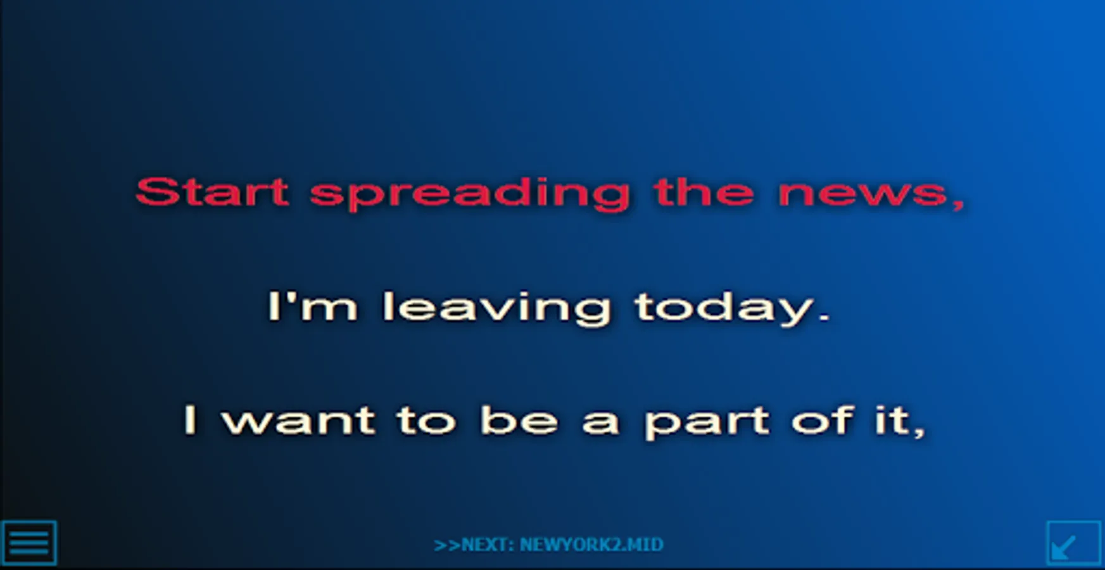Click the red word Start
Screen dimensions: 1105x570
tap(213, 191)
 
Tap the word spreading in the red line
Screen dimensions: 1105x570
tap(470, 194)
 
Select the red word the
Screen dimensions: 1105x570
tap(704, 191)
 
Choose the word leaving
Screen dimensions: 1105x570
tap(497, 308)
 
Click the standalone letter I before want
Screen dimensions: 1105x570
tap(191, 420)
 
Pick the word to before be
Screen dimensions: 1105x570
tap(426, 421)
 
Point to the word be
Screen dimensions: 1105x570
tap(519, 420)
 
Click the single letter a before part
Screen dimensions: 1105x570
tap(600, 423)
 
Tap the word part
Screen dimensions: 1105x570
tap(707, 423)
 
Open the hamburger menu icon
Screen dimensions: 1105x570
tap(28, 543)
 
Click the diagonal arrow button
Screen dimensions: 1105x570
tap(1073, 543)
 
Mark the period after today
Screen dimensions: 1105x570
tap(824, 317)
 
